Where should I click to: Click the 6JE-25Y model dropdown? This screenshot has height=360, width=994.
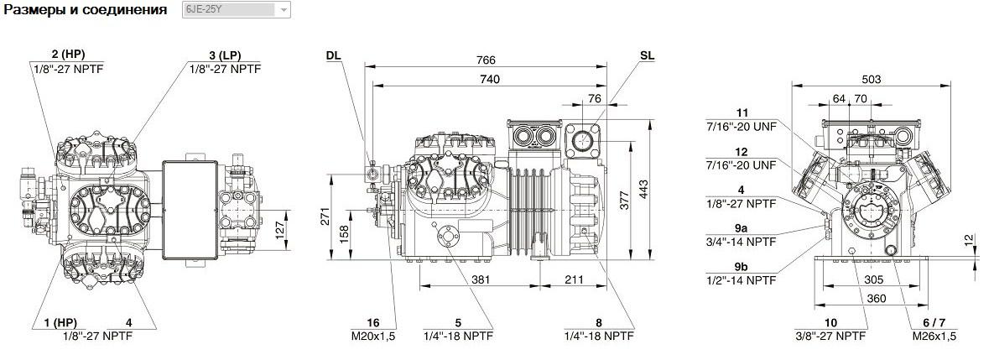[x=236, y=10]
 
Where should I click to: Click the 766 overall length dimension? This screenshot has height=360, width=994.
[x=486, y=60]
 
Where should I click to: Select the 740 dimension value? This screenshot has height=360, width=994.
[x=490, y=79]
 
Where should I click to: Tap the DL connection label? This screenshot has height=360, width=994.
[x=334, y=55]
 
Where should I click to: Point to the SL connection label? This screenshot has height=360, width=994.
[x=647, y=55]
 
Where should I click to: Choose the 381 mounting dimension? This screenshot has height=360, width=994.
[x=480, y=279]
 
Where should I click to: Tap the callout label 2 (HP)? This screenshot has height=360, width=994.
[x=69, y=55]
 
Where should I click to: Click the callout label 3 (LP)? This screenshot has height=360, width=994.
[x=225, y=55]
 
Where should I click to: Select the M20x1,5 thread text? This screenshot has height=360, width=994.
[x=372, y=336]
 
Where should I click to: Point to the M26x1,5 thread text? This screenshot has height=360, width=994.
[x=934, y=336]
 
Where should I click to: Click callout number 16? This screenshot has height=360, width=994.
[x=372, y=323]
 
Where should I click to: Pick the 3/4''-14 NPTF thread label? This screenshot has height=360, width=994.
[x=741, y=242]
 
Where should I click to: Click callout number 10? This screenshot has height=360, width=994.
[x=830, y=323]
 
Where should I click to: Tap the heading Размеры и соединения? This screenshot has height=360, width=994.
[x=86, y=10]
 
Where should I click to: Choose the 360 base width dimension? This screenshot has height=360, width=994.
[x=876, y=299]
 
